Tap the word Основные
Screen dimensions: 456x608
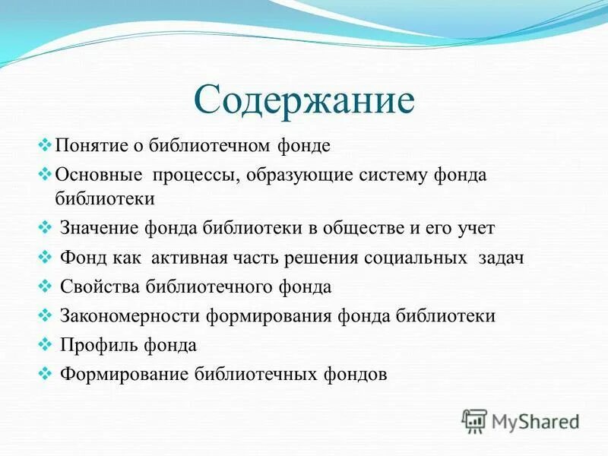tap(99, 175)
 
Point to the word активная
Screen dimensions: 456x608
tap(189, 258)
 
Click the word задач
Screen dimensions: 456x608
tap(502, 258)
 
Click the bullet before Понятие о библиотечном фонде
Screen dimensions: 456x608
tap(44, 144)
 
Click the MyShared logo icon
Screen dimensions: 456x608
tap(474, 420)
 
